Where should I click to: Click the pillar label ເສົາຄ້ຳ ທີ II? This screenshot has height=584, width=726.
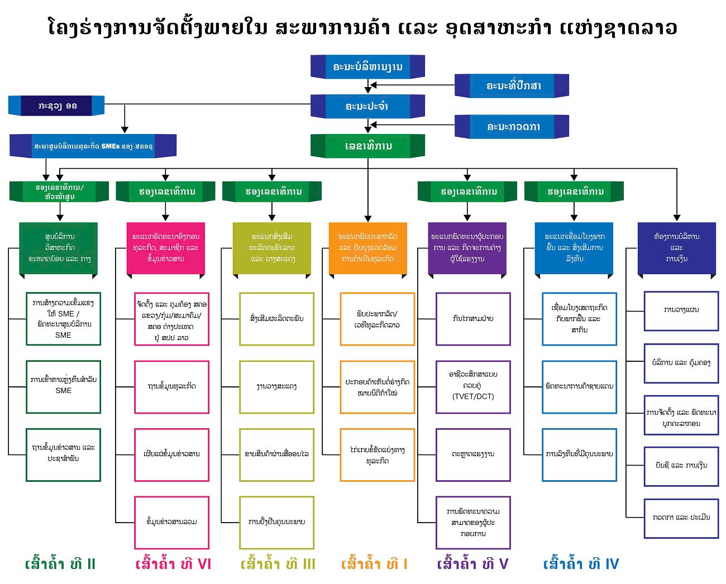pyautogui.click(x=60, y=564)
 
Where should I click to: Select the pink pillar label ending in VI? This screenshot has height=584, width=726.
pyautogui.click(x=173, y=564)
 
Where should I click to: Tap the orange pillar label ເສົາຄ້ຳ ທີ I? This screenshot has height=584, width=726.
pyautogui.click(x=374, y=564)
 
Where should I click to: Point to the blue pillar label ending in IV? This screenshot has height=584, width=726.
pyautogui.click(x=581, y=564)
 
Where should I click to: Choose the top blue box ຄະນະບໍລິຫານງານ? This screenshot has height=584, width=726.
pyautogui.click(x=367, y=67)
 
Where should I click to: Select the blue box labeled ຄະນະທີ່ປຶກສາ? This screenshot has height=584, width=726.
pyautogui.click(x=512, y=86)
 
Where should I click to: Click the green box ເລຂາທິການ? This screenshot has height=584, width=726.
pyautogui.click(x=367, y=146)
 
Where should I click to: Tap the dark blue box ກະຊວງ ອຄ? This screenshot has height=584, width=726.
pyautogui.click(x=56, y=106)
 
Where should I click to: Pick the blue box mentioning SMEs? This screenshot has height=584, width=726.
pyautogui.click(x=93, y=146)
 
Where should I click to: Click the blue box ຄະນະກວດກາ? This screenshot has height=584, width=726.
pyautogui.click(x=512, y=127)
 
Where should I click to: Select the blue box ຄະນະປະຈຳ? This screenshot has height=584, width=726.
pyautogui.click(x=367, y=106)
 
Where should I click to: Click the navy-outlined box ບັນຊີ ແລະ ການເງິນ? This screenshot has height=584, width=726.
pyautogui.click(x=681, y=465)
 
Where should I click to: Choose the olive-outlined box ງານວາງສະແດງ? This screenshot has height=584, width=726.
pyautogui.click(x=276, y=386)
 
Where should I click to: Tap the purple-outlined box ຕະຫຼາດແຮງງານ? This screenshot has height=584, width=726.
pyautogui.click(x=473, y=454)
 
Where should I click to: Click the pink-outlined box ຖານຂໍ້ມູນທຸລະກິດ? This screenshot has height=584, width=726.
pyautogui.click(x=171, y=386)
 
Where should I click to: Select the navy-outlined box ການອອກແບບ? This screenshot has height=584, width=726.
pyautogui.click(x=681, y=310)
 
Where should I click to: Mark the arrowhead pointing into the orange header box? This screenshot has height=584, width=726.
pyautogui.click(x=368, y=218)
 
